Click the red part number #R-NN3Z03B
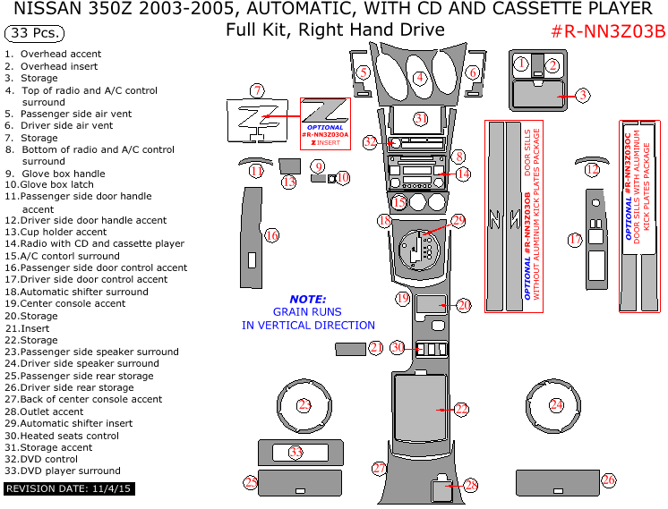point(607,32)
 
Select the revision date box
point(68,489)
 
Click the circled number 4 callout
point(419,78)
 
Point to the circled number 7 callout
point(257,90)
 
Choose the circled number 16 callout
point(272,235)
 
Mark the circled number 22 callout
point(461,409)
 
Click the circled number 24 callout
point(557,405)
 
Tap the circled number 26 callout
point(609,480)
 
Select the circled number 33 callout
point(296,453)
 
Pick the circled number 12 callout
point(592,169)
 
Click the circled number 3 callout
point(582,95)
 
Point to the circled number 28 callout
point(471,486)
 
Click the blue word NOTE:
point(307,300)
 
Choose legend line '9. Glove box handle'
point(55,174)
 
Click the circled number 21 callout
point(376,347)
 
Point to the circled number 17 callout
point(575,239)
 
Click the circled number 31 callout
point(421,118)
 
